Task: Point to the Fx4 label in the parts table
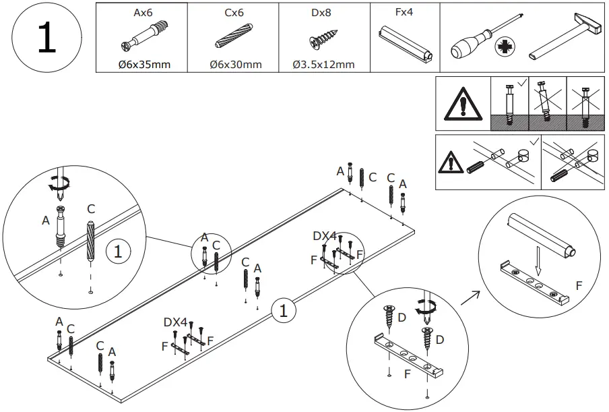tap(404, 13)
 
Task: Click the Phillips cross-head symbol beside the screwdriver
tap(502, 48)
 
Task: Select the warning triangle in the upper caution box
tap(461, 105)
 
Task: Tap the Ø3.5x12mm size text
tap(323, 65)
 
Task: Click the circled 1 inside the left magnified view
tap(117, 252)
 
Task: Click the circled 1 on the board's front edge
tap(284, 311)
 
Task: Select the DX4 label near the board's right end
tap(325, 236)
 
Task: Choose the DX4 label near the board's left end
tap(175, 322)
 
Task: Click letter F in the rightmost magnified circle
tap(579, 286)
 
